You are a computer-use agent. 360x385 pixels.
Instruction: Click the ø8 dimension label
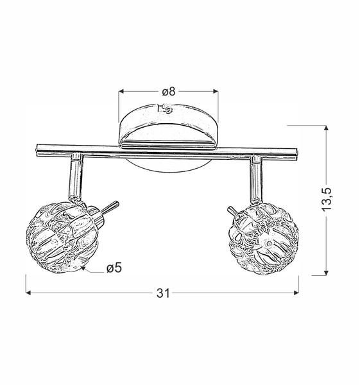[167, 91]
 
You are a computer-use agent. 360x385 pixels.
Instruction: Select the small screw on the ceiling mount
[169, 110]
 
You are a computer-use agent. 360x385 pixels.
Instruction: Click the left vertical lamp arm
[74, 175]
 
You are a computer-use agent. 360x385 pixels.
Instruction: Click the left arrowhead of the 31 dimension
[30, 293]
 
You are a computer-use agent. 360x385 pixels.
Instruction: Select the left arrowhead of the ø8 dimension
[122, 92]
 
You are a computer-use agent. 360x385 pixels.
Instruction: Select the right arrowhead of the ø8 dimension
[217, 92]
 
